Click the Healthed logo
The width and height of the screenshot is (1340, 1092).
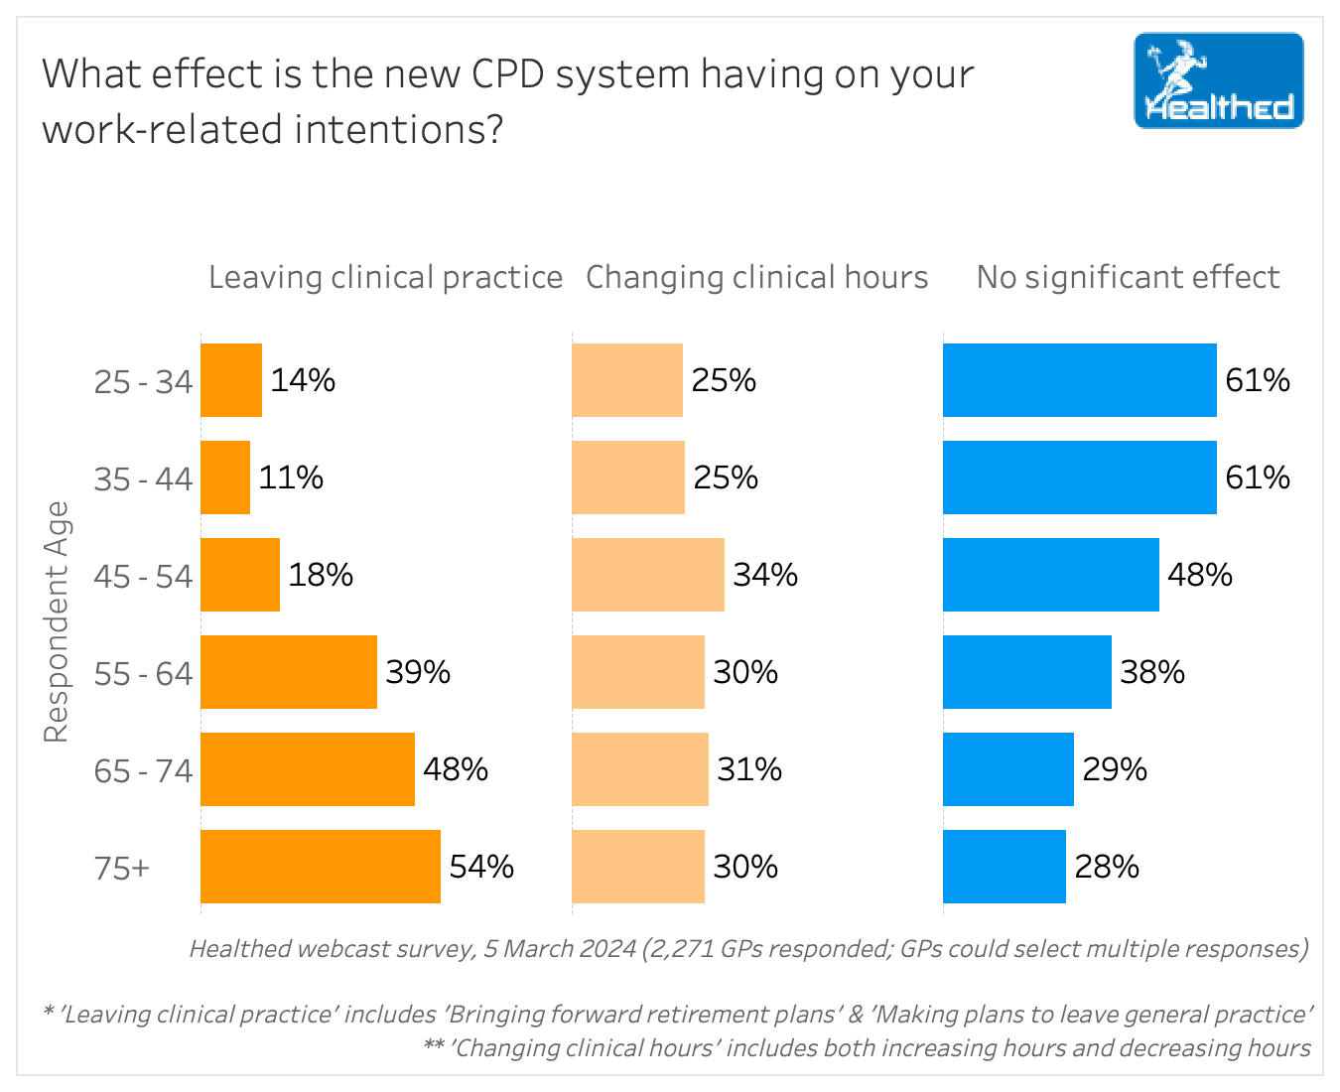click(1218, 80)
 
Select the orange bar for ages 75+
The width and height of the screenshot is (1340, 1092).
click(320, 867)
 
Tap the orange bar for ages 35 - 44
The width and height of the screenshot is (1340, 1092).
click(225, 478)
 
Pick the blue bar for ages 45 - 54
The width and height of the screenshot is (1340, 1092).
click(1050, 575)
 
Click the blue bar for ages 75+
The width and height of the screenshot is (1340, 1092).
click(1004, 867)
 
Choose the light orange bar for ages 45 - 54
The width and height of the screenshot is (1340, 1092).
click(647, 575)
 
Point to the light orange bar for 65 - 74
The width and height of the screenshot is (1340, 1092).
click(639, 769)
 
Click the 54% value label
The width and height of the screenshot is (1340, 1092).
click(481, 867)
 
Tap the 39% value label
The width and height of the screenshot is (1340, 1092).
click(418, 672)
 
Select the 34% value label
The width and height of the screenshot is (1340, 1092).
click(765, 575)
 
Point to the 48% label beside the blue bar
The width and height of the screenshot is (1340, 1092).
click(1200, 575)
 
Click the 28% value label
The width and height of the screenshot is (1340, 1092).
click(1107, 867)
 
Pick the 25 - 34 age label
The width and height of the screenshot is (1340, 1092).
click(143, 381)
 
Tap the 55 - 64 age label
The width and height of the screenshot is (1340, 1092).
click(143, 673)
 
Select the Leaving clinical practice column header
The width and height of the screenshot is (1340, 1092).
click(385, 277)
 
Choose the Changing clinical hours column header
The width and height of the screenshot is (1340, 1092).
click(756, 277)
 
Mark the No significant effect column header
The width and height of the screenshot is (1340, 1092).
click(1128, 277)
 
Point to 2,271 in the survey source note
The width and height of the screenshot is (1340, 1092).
click(681, 949)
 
